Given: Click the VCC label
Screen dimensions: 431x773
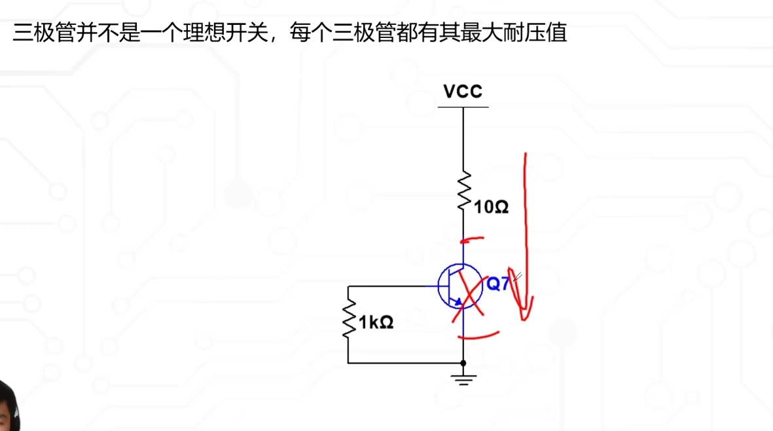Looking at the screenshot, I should (463, 92).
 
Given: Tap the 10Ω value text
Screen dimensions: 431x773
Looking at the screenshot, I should (492, 208).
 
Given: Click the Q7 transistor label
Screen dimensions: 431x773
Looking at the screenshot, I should (497, 284).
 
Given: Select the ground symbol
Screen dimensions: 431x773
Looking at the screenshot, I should (463, 378).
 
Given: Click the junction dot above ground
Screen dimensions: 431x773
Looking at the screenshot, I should (463, 362).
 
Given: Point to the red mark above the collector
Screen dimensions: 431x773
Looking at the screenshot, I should (473, 240).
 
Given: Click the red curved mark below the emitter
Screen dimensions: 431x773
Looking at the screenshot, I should (479, 336).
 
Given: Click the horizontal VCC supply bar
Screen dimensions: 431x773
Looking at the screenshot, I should (463, 107).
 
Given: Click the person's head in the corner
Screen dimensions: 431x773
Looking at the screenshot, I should (8, 406).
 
